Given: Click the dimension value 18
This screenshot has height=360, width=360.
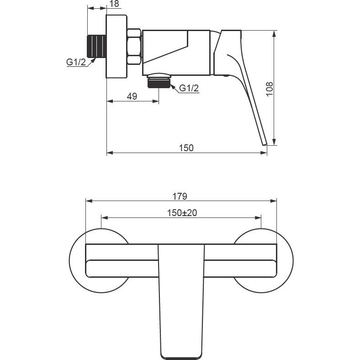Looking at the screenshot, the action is click(x=114, y=4).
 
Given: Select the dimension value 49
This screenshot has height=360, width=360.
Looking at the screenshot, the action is click(x=132, y=96).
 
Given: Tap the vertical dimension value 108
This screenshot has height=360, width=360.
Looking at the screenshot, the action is click(x=270, y=89).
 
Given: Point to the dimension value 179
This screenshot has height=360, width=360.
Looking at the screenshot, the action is click(x=180, y=196).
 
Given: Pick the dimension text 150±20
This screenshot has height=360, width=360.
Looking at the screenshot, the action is click(x=182, y=213).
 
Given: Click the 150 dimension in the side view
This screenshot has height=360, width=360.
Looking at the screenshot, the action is click(x=186, y=148).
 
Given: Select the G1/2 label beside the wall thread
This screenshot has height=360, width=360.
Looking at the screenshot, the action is click(x=76, y=62).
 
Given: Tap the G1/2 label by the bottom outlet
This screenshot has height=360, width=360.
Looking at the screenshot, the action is click(x=189, y=88).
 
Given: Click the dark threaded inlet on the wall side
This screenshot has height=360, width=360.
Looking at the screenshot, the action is click(x=96, y=46).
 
